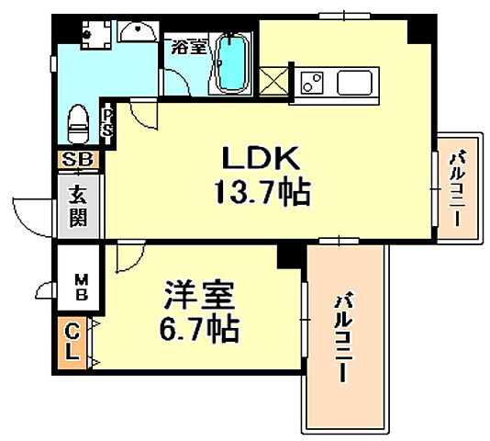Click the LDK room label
(260, 158)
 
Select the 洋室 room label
(200, 295)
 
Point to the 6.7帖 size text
(199, 329)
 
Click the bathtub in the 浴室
(231, 64)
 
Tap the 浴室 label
(189, 47)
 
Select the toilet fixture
(78, 124)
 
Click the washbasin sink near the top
(138, 31)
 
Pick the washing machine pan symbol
(96, 34)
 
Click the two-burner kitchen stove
(311, 82)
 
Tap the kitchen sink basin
(354, 83)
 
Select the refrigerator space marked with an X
(273, 82)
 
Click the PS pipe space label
(107, 123)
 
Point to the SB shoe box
(78, 160)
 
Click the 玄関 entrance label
(78, 206)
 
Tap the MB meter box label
(81, 287)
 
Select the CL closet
(72, 343)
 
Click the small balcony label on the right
(456, 187)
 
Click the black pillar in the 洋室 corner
(289, 256)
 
